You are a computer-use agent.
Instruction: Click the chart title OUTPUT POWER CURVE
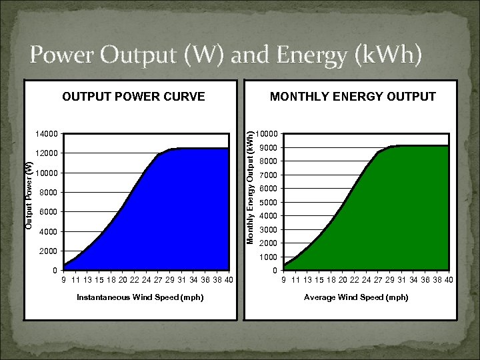point(133,97)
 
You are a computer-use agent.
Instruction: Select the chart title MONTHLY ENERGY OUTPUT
point(353,97)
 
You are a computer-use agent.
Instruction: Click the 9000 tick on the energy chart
point(268,148)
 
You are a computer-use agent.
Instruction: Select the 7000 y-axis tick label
point(268,175)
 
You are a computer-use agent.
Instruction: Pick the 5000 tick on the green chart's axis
point(268,203)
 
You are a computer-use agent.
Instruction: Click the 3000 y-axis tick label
point(268,230)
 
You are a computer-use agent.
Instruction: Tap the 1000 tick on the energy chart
point(268,257)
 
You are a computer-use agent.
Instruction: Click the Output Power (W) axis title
point(29,196)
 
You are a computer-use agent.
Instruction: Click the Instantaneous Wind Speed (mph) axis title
point(140,297)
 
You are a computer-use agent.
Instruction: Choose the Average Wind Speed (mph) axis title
point(356,297)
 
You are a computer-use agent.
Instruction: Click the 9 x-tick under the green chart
point(283,279)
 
